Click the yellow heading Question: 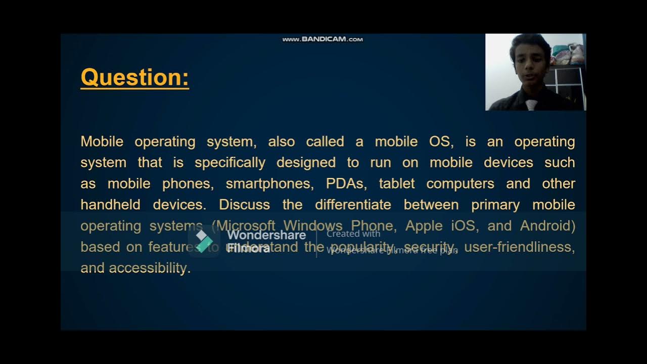tap(134, 77)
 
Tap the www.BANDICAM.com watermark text tap(322, 39)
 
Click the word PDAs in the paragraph tap(345, 184)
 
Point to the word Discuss tap(244, 205)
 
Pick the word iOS tap(463, 226)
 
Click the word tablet tap(397, 184)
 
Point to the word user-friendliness tap(519, 247)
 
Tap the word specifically tap(230, 163)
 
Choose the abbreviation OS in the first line tap(439, 142)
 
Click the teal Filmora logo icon tap(204, 241)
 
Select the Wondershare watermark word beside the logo tap(266, 235)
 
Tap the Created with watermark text tap(353, 234)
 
